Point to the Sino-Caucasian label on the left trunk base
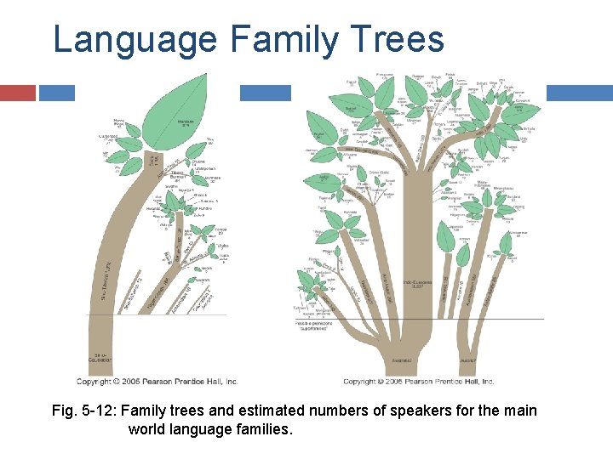point(100,360)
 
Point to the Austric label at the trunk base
point(467,360)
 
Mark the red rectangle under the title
point(18,93)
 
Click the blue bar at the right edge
point(579,93)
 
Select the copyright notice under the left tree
point(157,382)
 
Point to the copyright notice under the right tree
point(418,382)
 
